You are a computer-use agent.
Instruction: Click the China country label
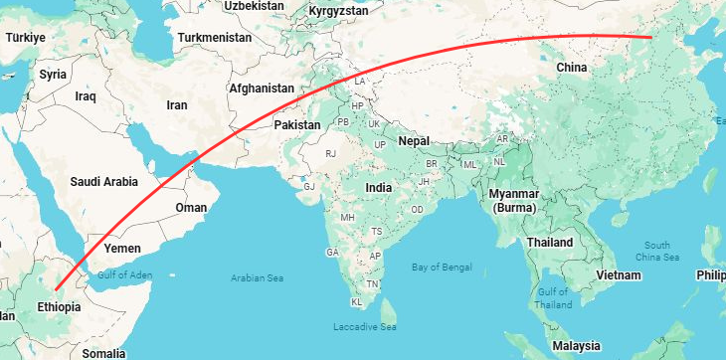pyautogui.click(x=571, y=68)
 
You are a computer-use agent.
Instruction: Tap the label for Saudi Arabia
pyautogui.click(x=103, y=182)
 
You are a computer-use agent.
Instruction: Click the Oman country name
pyautogui.click(x=191, y=208)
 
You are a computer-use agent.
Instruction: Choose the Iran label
pyautogui.click(x=177, y=104)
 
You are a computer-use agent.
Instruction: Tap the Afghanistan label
pyautogui.click(x=262, y=88)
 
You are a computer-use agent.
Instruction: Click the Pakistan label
pyautogui.click(x=297, y=125)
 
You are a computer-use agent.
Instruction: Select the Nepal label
pyautogui.click(x=414, y=141)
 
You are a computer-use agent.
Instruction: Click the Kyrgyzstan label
pyautogui.click(x=339, y=11)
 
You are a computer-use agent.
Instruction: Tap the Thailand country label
pyautogui.click(x=550, y=243)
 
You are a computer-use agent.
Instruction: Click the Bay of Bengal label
pyautogui.click(x=446, y=266)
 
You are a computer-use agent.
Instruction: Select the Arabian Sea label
pyautogui.click(x=259, y=277)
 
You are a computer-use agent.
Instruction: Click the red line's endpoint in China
pyautogui.click(x=651, y=38)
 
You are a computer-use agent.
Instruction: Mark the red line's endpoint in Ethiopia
pyautogui.click(x=56, y=288)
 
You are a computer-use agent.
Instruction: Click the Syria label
pyautogui.click(x=53, y=75)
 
